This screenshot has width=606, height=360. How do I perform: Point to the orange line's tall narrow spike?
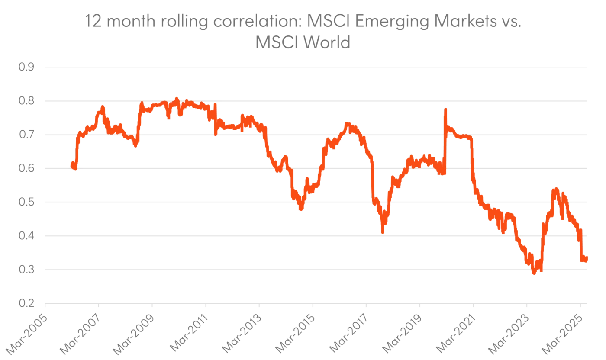pyautogui.click(x=445, y=110)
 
